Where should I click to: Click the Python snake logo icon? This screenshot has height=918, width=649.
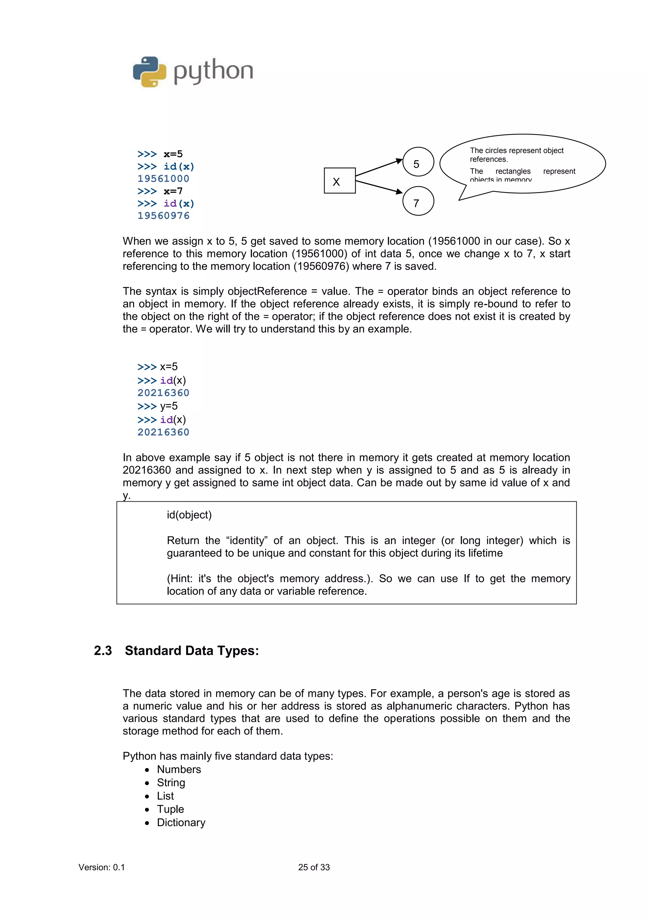tap(149, 72)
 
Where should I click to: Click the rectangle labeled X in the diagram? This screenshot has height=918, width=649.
tap(339, 181)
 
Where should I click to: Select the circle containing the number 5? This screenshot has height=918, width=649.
tap(418, 162)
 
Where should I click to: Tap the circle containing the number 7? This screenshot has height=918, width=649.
tap(418, 201)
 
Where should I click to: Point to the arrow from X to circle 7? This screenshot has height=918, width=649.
tap(378, 187)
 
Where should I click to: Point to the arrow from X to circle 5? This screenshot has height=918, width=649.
tap(378, 168)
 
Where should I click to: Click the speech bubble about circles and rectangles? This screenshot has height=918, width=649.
tap(522, 164)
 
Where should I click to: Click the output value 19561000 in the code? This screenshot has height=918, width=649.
tap(163, 179)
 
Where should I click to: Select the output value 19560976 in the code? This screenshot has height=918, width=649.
tap(163, 216)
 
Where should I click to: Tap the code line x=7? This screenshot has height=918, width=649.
tap(173, 191)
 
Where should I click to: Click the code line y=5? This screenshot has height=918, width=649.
tap(169, 406)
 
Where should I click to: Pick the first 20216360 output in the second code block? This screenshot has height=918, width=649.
tap(163, 393)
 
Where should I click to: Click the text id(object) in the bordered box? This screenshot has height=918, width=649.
tap(189, 515)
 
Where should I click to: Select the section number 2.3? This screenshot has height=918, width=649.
tap(103, 651)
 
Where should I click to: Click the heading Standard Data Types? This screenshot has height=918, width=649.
tap(191, 651)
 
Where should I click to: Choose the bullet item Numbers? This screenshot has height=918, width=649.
tap(179, 769)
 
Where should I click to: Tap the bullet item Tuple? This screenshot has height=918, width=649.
tap(170, 809)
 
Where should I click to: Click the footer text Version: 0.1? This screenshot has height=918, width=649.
tap(102, 867)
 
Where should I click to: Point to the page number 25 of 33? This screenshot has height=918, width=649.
tap(314, 867)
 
